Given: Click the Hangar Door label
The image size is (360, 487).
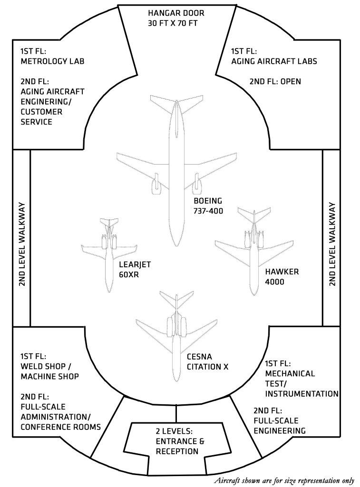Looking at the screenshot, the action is [176, 18].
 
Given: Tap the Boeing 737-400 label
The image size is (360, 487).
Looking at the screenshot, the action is [208, 205].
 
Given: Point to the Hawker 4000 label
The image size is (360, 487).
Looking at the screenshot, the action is [282, 276].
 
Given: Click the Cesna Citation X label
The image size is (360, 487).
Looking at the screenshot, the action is [207, 361].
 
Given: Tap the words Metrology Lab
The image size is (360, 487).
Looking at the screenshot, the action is [52, 61].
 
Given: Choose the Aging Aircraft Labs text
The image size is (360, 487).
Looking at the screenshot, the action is [274, 61].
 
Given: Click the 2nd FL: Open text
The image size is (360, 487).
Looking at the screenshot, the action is [275, 81].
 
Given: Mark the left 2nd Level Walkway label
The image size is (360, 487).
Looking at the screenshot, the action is [22, 244].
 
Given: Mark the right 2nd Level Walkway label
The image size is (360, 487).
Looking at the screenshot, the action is [332, 244].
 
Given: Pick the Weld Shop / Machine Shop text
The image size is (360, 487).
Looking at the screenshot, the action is [50, 371].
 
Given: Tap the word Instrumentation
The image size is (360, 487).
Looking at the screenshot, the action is [302, 393].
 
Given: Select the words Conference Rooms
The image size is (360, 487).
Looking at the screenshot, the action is [60, 427].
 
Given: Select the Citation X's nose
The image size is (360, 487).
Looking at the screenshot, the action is [176, 380].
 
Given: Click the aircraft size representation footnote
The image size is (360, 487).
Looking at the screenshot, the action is [284, 480].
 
